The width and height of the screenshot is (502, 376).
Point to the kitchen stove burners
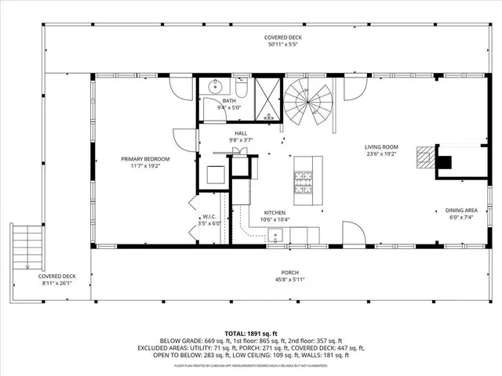pyautogui.click(x=303, y=182)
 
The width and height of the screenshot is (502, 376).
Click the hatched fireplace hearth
pyautogui.click(x=424, y=157)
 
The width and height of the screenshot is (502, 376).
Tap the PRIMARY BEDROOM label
pyautogui.click(x=145, y=158)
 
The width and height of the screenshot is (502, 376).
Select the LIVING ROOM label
pyautogui.click(x=381, y=146)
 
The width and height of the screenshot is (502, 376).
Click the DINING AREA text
pyautogui.click(x=461, y=210)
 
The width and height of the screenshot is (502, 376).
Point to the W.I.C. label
pyautogui.click(x=209, y=216)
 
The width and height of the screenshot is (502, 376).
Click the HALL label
pyautogui.click(x=240, y=133)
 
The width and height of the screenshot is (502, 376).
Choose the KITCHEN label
pyautogui.click(x=275, y=212)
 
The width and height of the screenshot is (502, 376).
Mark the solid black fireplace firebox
pyautogui.click(x=444, y=162)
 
